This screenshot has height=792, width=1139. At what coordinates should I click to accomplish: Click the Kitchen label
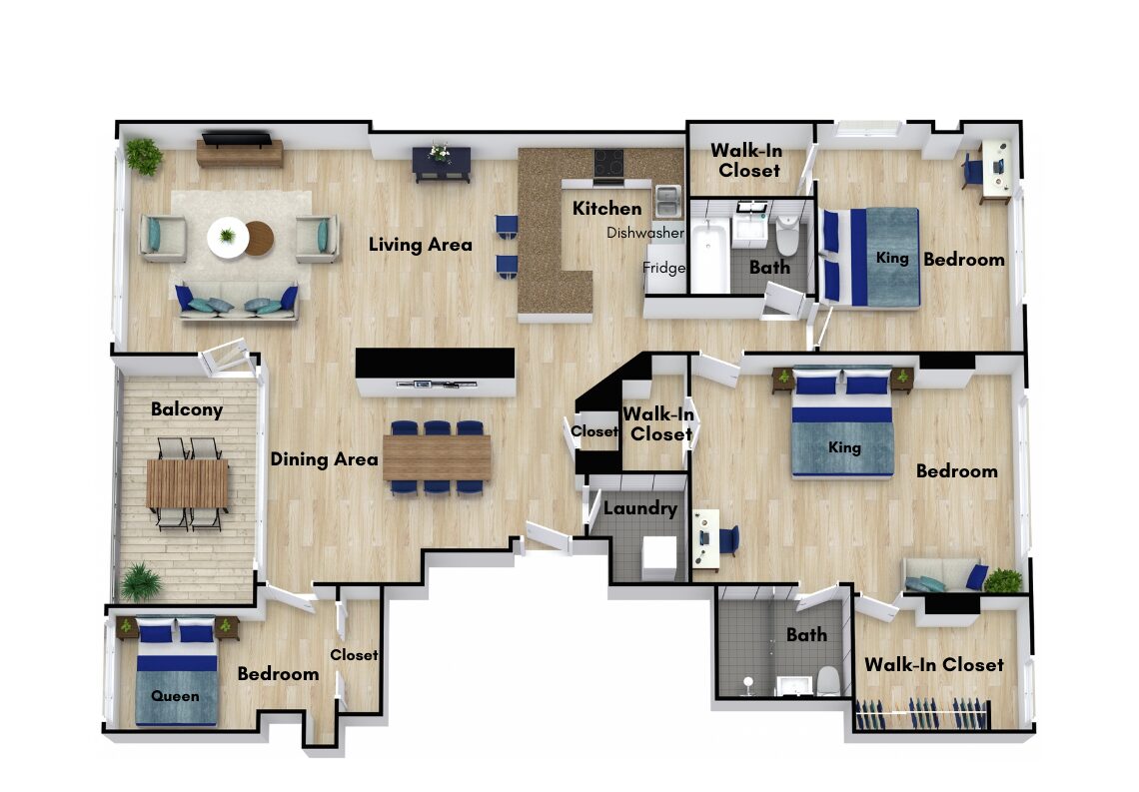[x=607, y=209]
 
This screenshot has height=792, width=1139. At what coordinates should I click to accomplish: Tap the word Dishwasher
[x=645, y=233]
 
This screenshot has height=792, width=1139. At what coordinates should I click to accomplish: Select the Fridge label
[x=664, y=268]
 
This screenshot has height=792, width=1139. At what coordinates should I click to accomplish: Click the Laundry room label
[x=640, y=508]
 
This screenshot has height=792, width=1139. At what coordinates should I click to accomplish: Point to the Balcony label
[x=187, y=409]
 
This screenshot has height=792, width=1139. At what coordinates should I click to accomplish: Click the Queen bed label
[x=175, y=696]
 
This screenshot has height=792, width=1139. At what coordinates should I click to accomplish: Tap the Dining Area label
[x=324, y=458]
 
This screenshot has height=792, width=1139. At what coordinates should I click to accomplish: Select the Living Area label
[x=421, y=245]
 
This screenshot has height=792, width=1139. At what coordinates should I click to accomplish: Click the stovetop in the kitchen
[x=608, y=164]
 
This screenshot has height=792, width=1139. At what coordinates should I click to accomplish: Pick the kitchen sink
[x=667, y=201]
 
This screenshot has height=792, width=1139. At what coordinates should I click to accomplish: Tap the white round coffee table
[x=227, y=238]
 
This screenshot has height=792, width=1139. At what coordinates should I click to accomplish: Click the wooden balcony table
[x=188, y=484]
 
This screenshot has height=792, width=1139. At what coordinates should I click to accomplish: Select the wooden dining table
[x=438, y=457]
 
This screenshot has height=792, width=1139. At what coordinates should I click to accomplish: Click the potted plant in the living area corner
[x=143, y=156]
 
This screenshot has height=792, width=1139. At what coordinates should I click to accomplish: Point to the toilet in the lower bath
[x=828, y=681]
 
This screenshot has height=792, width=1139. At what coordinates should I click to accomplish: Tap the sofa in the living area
[x=238, y=302]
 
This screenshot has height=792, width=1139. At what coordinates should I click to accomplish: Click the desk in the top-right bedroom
[x=995, y=170]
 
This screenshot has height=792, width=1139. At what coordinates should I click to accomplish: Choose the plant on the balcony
[x=141, y=581]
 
